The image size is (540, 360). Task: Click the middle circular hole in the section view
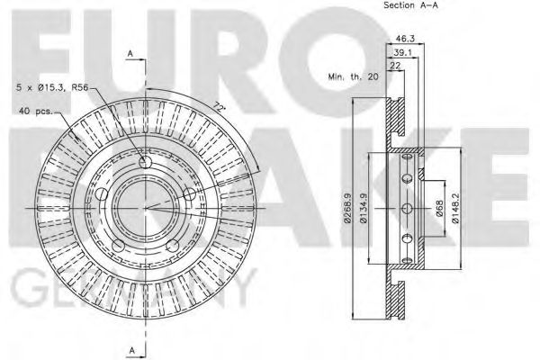point(407,210)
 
